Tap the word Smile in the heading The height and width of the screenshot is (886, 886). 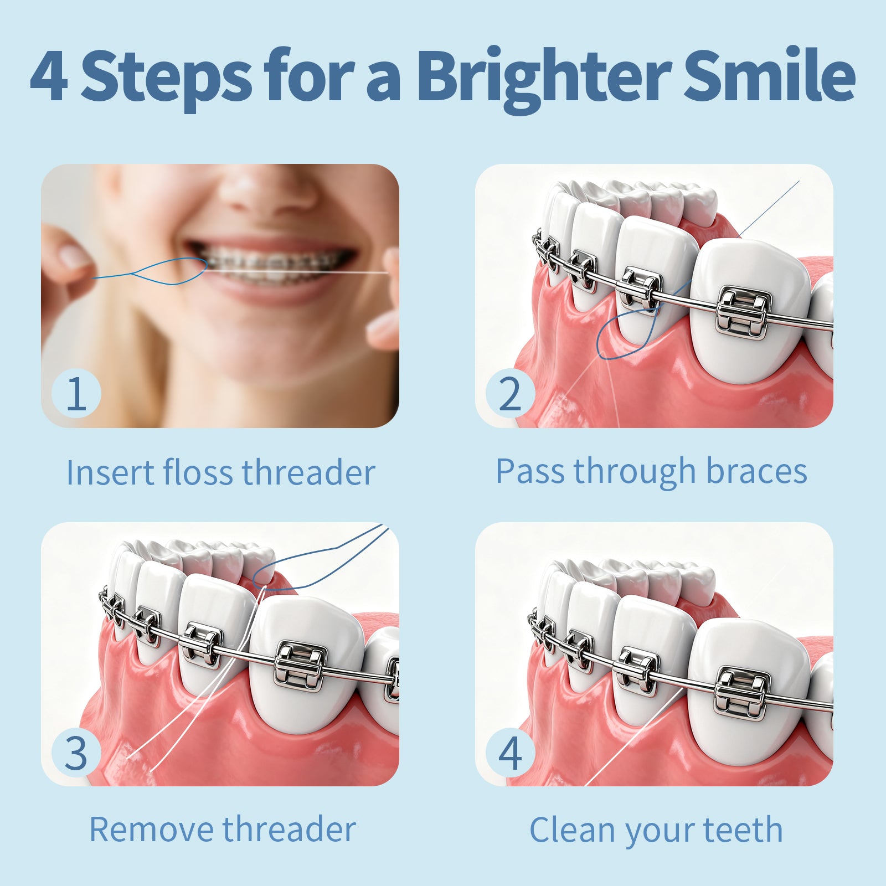pyautogui.click(x=770, y=75)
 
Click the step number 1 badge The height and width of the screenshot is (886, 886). pyautogui.click(x=76, y=394)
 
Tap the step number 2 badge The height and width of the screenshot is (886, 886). pyautogui.click(x=510, y=394)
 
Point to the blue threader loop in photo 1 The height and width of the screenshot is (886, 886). pyautogui.click(x=169, y=271)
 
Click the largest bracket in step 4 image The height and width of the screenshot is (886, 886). pyautogui.click(x=742, y=693)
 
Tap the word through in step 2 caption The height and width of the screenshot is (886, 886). pyautogui.click(x=634, y=472)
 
